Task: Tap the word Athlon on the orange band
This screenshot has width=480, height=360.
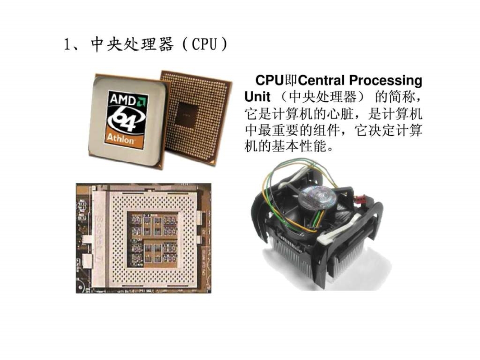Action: (121, 140)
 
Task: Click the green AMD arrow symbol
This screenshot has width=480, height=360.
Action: (142, 99)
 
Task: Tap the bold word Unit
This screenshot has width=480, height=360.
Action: (257, 98)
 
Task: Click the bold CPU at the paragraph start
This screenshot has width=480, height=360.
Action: (268, 81)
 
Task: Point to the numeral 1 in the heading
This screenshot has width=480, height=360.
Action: (67, 45)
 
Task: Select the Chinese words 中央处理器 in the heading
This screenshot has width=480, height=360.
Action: (131, 45)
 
